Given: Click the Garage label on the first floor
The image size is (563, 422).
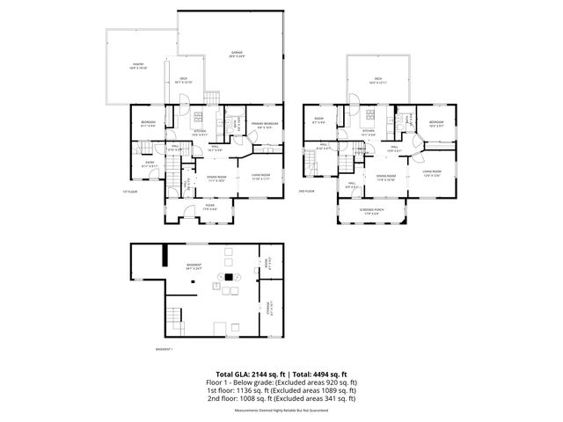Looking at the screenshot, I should click(237, 55).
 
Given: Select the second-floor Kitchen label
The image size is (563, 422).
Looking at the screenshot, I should click(369, 133).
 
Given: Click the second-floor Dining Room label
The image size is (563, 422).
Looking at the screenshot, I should click(385, 178).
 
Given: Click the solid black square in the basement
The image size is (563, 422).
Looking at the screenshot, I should click(230, 277).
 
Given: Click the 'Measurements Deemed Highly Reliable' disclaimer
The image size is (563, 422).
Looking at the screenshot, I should click(281, 409).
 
